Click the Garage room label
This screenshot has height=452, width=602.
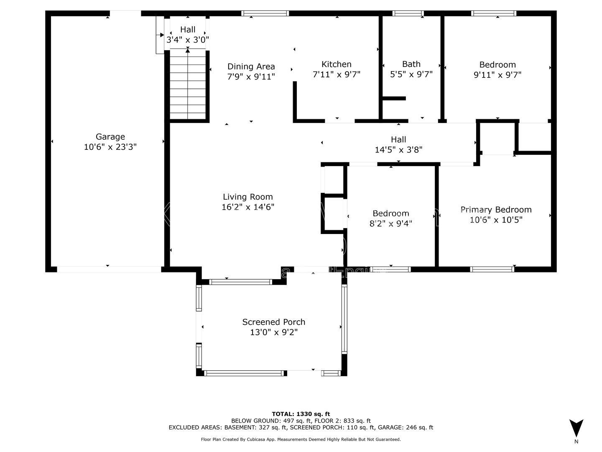point(110,137)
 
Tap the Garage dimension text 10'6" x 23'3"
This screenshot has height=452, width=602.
point(110,147)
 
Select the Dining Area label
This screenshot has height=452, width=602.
point(251,67)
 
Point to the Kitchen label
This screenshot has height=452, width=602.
point(337,64)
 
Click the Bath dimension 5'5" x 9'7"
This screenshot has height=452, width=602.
point(411,74)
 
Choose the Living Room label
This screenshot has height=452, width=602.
point(247,197)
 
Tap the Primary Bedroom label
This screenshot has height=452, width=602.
point(496,210)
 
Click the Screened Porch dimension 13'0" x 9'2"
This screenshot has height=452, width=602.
point(274,332)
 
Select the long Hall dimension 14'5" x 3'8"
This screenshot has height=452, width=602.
point(398,150)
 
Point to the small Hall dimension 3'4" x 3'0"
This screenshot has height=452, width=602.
point(188,40)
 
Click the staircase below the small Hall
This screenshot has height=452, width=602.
point(188,85)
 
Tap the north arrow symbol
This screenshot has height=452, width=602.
point(576,428)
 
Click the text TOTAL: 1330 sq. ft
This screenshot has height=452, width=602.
point(301,414)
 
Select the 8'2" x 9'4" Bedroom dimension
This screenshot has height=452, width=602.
point(391,223)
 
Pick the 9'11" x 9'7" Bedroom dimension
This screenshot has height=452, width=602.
point(497,75)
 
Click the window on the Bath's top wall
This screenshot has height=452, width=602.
point(408,13)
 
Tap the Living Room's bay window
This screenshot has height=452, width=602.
point(240,282)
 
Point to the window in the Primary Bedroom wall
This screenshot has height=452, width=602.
point(492,269)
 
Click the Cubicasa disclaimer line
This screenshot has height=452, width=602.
point(301,439)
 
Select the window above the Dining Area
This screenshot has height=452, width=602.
point(265,13)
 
